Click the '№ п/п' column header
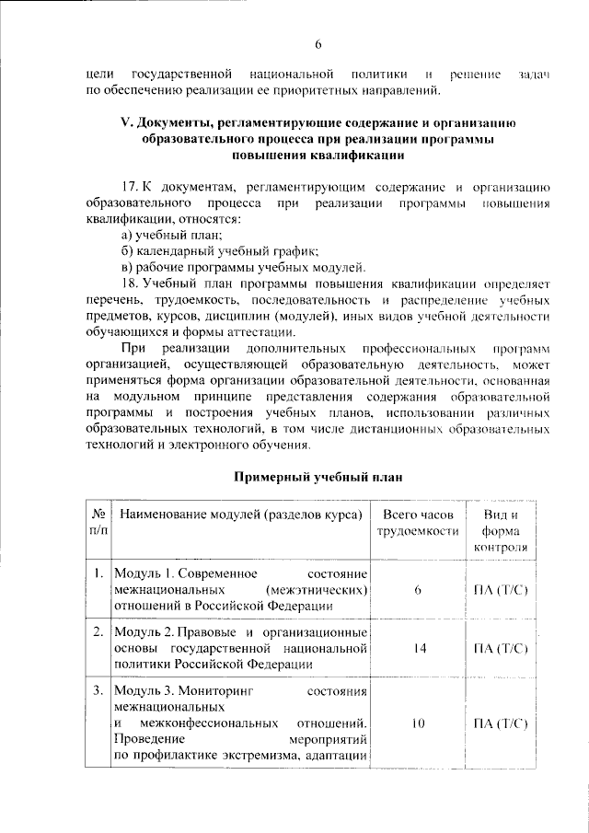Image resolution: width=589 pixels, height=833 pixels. pos(98,522)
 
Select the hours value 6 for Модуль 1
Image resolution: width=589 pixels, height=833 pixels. pos(418,590)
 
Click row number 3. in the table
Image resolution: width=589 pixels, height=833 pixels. pos(98,689)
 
